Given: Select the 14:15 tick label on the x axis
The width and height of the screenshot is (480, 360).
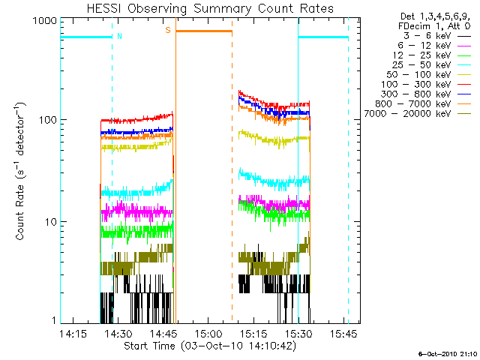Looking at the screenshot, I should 73,333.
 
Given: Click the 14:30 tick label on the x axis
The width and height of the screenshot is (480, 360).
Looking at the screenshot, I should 118,333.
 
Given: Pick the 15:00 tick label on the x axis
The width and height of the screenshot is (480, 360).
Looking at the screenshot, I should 208,333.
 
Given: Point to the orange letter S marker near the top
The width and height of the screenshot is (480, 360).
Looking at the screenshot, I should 168,30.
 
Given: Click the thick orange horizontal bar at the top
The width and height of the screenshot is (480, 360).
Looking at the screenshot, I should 204,31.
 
